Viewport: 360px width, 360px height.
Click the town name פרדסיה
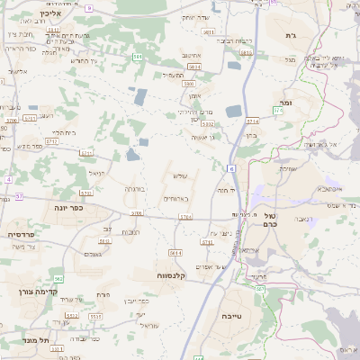(x=21, y=234)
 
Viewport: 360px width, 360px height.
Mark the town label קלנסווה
(x=170, y=275)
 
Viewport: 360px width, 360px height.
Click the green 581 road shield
(x=138, y=56)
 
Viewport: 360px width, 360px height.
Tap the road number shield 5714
(x=252, y=121)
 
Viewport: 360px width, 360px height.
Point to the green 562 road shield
(x=58, y=280)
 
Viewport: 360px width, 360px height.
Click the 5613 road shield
(x=106, y=240)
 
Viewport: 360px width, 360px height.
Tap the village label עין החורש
(x=76, y=60)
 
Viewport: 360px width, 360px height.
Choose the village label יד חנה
(x=225, y=190)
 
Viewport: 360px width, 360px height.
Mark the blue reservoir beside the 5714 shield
(x=233, y=112)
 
